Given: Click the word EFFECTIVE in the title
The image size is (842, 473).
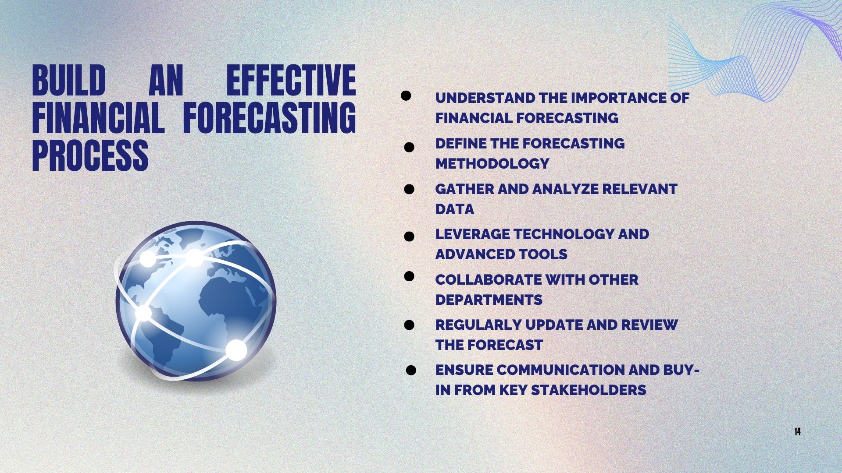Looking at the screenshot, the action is (291, 80).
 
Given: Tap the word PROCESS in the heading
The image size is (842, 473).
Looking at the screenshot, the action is (90, 155).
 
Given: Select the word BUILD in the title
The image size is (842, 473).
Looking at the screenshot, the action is (69, 80).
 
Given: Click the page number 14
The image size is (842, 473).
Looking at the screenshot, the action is (797, 432).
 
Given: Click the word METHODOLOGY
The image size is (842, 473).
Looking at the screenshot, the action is (492, 163).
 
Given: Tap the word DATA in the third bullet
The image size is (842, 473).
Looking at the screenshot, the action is (455, 209).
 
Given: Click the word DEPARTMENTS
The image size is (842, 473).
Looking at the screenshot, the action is (489, 300).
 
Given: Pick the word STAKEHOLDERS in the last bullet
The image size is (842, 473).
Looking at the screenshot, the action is (589, 390).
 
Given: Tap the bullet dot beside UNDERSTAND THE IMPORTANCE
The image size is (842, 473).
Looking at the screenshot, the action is (406, 96).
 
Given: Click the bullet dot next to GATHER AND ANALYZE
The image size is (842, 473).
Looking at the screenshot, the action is (409, 189).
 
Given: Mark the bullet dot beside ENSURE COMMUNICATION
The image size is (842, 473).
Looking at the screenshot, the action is (411, 371).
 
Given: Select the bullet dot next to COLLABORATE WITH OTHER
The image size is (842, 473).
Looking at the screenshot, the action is (409, 276).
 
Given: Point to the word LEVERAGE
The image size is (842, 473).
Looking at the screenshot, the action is (472, 234).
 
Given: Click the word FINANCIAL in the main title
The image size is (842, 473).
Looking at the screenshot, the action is (98, 118).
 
